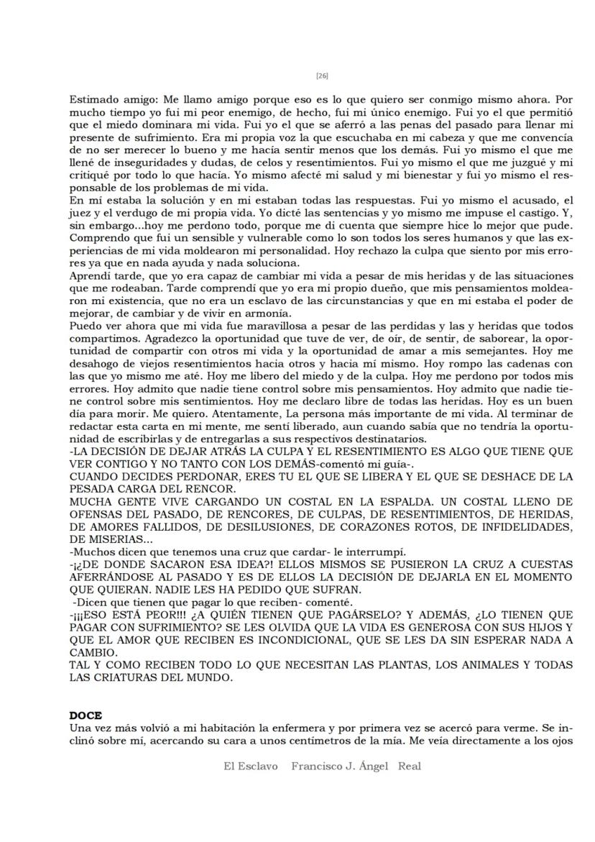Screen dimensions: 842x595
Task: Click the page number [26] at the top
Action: point(322,75)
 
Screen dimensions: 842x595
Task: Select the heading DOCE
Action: point(86,715)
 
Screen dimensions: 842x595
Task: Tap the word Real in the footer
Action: point(410,767)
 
